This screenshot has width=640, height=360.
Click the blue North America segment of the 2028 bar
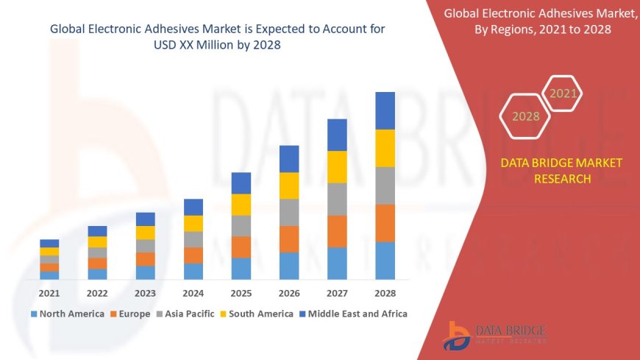385,261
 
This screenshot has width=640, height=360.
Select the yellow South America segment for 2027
337,167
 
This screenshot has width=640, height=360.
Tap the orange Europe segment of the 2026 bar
289,239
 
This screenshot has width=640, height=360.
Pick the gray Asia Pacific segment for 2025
241,226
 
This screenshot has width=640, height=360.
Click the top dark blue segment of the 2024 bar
193,207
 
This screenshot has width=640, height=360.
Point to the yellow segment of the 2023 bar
146,233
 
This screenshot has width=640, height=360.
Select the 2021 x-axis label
49,293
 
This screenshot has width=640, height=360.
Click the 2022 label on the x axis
97,293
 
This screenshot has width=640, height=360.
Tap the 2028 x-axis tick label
385,293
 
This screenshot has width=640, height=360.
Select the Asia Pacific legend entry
189,314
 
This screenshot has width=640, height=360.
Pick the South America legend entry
257,314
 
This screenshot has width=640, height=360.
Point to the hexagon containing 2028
525,116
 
